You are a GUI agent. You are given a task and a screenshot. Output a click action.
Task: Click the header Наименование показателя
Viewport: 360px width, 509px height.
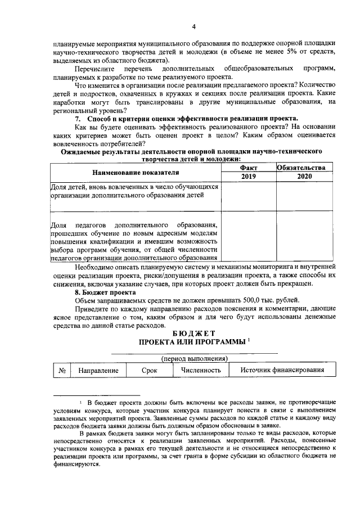(x=136, y=172)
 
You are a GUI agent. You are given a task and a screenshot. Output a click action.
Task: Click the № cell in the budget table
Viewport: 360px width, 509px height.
(x=61, y=371)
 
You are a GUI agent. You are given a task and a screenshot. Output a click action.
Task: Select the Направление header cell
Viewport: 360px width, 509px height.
(x=98, y=371)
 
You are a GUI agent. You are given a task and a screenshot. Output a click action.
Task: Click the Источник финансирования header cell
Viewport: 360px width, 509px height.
(x=282, y=371)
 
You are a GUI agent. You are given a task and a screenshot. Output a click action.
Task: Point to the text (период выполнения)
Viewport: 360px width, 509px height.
(x=193, y=358)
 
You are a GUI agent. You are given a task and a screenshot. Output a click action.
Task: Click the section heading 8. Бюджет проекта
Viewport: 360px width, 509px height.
(x=105, y=292)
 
